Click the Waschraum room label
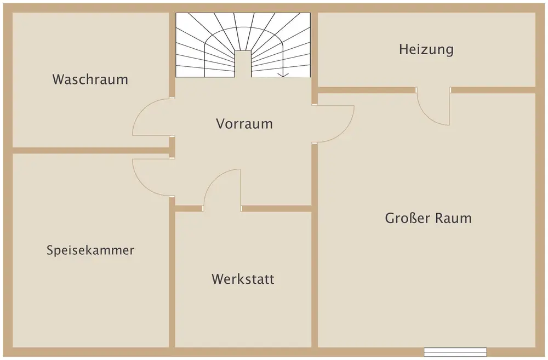90,79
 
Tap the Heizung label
426,49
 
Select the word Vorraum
244,124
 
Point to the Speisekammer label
90,250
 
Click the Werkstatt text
243,279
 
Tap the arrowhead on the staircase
283,75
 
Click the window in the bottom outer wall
455,352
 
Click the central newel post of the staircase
243,64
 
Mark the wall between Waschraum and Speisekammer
91,151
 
